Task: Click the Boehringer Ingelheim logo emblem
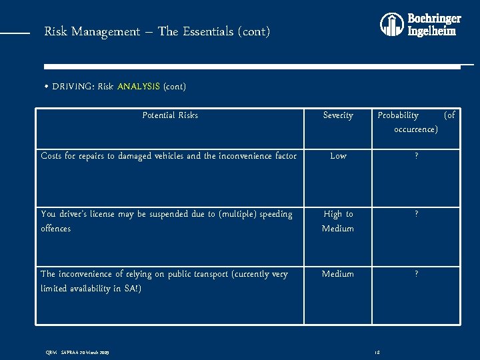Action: (x=392, y=25)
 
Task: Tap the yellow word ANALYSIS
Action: (x=139, y=87)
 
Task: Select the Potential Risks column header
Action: (x=170, y=115)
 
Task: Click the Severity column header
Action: (x=338, y=115)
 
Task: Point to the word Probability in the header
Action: (x=398, y=115)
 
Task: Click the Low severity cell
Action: (x=338, y=156)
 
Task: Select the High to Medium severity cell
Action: (x=338, y=221)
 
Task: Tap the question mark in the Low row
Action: (x=416, y=156)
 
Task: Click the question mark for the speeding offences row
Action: (x=416, y=215)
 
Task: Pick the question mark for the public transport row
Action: (x=416, y=274)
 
